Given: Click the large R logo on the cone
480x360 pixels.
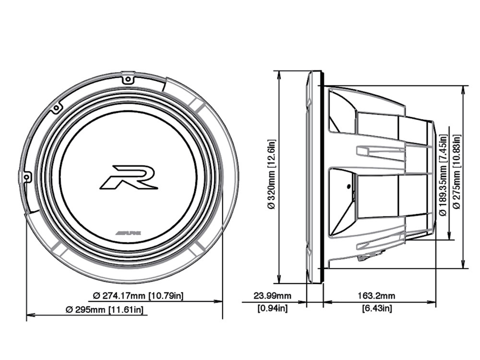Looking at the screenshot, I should (x=129, y=177).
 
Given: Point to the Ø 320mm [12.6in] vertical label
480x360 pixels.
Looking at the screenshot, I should (x=271, y=174).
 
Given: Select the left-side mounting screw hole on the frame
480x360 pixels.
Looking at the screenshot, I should (x=27, y=177).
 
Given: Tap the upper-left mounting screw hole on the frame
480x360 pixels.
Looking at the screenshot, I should (x=56, y=108).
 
